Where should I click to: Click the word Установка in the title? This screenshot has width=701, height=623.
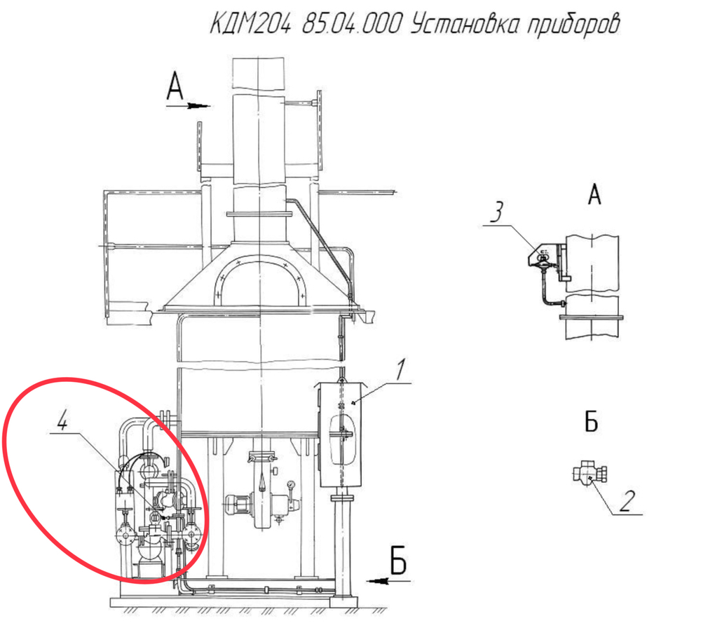(x=465, y=24)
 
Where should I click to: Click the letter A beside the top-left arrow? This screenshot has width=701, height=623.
(x=175, y=87)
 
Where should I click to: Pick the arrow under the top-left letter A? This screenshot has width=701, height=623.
(x=188, y=106)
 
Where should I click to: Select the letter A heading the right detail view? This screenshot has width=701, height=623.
(x=594, y=194)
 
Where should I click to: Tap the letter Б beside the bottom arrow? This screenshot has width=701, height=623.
(x=398, y=560)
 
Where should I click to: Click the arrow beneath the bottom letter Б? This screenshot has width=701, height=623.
(x=388, y=581)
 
